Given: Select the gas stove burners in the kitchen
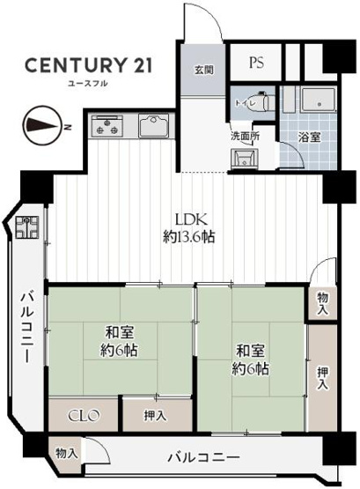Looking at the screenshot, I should [108, 127].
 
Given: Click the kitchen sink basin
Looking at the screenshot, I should [152, 129].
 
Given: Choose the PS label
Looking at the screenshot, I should [256, 63].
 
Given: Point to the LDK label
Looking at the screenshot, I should [189, 219].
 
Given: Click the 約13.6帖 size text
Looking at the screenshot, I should [189, 237].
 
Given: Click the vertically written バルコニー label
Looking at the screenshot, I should [26, 330].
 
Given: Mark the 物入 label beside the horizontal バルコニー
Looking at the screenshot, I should [66, 453].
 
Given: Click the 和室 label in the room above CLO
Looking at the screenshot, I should [120, 332].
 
